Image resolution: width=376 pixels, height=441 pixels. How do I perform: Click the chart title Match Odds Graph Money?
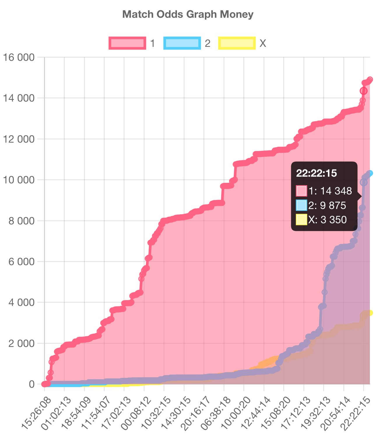(x=188, y=14)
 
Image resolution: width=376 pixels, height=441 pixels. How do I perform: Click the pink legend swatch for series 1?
(x=127, y=43)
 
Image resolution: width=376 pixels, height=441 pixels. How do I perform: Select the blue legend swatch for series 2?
(x=182, y=43)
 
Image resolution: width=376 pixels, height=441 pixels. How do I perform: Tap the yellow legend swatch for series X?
(x=237, y=43)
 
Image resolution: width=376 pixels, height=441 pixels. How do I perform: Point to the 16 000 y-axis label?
(x=19, y=57)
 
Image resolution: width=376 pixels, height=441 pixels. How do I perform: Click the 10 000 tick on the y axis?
(x=19, y=180)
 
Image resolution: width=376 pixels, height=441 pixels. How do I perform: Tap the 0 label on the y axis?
(x=31, y=384)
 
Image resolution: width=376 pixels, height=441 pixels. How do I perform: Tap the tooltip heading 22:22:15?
(x=317, y=173)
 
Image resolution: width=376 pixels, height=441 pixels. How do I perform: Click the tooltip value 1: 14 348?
(x=330, y=191)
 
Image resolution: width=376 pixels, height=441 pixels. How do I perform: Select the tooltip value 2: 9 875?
(x=327, y=206)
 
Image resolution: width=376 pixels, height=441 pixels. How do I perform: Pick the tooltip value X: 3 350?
(x=327, y=219)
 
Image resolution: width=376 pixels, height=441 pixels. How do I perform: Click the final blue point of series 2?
(x=370, y=173)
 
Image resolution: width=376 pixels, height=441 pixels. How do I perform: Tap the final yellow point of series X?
(x=370, y=313)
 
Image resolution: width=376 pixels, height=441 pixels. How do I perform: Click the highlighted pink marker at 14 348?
(x=363, y=91)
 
